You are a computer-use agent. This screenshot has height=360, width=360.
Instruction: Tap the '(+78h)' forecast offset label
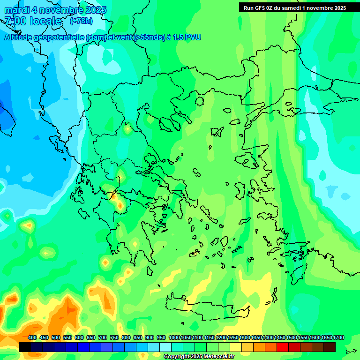coord(81,21)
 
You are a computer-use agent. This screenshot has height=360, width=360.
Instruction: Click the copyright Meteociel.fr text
coord(198,357)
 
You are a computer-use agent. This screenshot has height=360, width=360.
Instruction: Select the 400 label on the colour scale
coord(32,338)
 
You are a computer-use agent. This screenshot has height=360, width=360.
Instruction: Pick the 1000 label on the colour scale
coord(174,338)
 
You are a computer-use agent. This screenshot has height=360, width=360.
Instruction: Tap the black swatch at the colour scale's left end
coord(25,347)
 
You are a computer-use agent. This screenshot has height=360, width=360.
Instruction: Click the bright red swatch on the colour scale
coord(283,347)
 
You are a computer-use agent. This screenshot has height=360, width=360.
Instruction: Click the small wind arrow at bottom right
coord(351,351)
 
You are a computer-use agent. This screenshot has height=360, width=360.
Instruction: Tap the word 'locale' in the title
coord(45,21)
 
